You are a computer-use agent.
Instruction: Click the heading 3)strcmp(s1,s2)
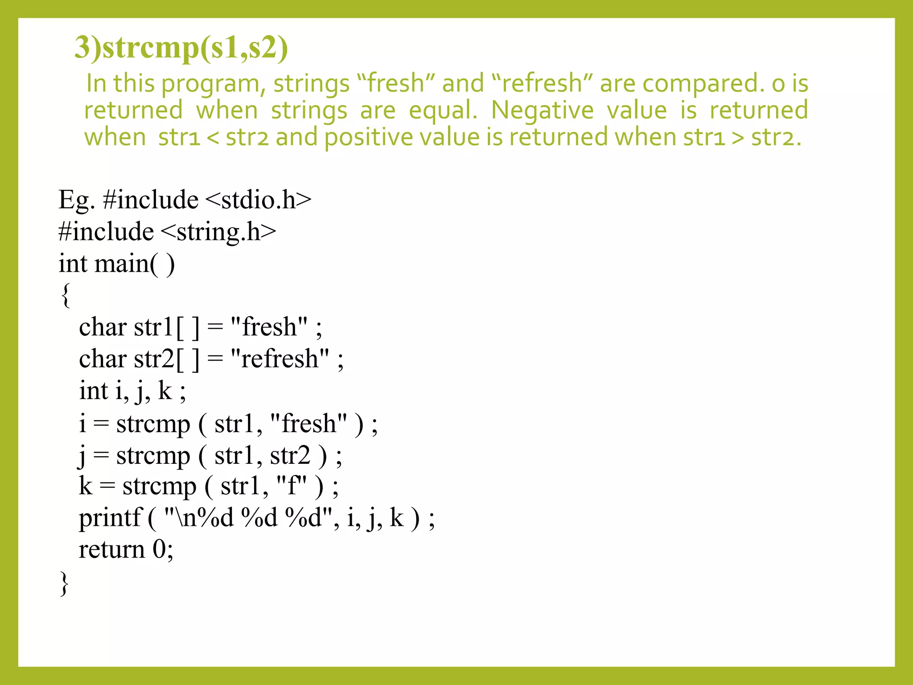[x=181, y=48]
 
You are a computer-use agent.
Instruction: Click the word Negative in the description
[x=542, y=110]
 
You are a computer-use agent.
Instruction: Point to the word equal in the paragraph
[x=443, y=111]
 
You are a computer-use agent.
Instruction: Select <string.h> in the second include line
[x=218, y=232]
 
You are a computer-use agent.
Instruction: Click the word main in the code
[x=122, y=264]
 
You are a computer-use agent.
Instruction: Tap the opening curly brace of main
[x=66, y=295]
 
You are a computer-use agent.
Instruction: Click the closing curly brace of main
[x=65, y=582]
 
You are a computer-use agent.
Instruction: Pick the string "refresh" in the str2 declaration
[x=280, y=359]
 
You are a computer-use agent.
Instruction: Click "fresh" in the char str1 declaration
[x=269, y=327]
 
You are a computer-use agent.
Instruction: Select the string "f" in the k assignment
[x=292, y=486]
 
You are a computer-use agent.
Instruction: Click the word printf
[x=110, y=518]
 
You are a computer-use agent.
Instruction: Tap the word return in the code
[x=111, y=549]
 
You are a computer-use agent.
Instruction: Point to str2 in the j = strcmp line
[x=290, y=456]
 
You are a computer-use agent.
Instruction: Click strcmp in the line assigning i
[x=153, y=424]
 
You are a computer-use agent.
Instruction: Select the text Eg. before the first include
[x=76, y=200]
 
